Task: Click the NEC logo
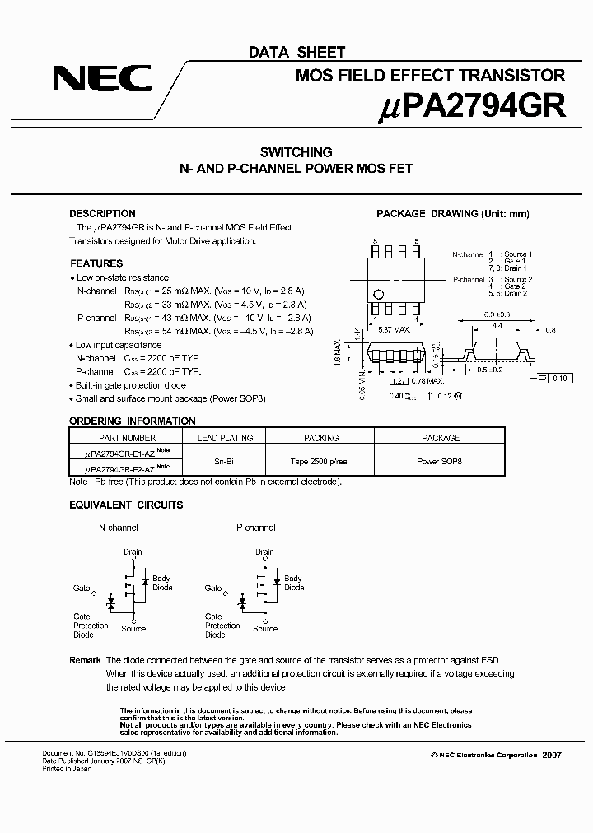coord(102,79)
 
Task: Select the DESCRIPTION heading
coord(102,214)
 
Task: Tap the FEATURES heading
coord(96,263)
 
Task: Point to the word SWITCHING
coord(296,152)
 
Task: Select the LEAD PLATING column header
coord(226,438)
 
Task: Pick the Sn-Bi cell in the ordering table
coord(226,462)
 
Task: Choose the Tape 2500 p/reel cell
coord(320,462)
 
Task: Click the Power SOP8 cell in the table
coord(440,462)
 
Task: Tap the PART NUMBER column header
coord(127,438)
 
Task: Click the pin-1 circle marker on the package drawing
coord(379,294)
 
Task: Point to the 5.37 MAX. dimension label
coord(395,330)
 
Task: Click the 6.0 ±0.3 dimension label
coord(498,314)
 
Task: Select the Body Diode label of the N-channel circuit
coord(162,583)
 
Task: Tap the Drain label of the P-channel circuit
coord(264,552)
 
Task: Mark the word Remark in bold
coord(85,661)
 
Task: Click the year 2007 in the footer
coord(552,755)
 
